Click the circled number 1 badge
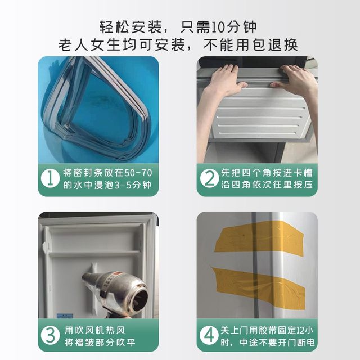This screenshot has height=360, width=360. click(52, 179)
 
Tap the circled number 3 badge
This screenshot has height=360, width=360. click(52, 335)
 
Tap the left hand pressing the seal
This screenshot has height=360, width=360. click(225, 79)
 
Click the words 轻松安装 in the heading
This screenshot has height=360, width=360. click(127, 26)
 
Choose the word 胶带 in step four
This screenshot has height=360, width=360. click(269, 328)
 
